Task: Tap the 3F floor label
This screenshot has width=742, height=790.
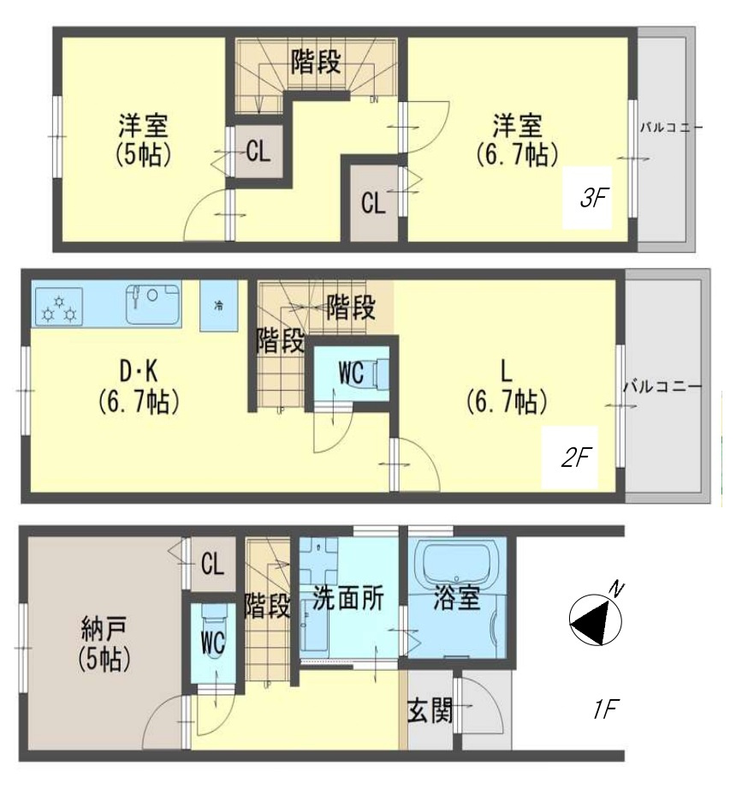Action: (x=593, y=199)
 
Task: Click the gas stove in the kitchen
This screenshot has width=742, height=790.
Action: (x=59, y=308)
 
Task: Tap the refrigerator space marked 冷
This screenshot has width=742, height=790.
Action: (x=218, y=306)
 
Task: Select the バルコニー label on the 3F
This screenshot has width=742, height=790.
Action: (x=671, y=129)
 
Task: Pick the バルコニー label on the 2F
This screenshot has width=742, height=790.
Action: (x=662, y=386)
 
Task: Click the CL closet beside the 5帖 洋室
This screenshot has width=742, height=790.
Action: (x=258, y=153)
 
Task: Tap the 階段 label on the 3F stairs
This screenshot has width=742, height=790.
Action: (x=317, y=62)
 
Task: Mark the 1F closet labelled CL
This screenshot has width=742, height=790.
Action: (x=211, y=563)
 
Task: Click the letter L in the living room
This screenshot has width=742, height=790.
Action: (x=506, y=370)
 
